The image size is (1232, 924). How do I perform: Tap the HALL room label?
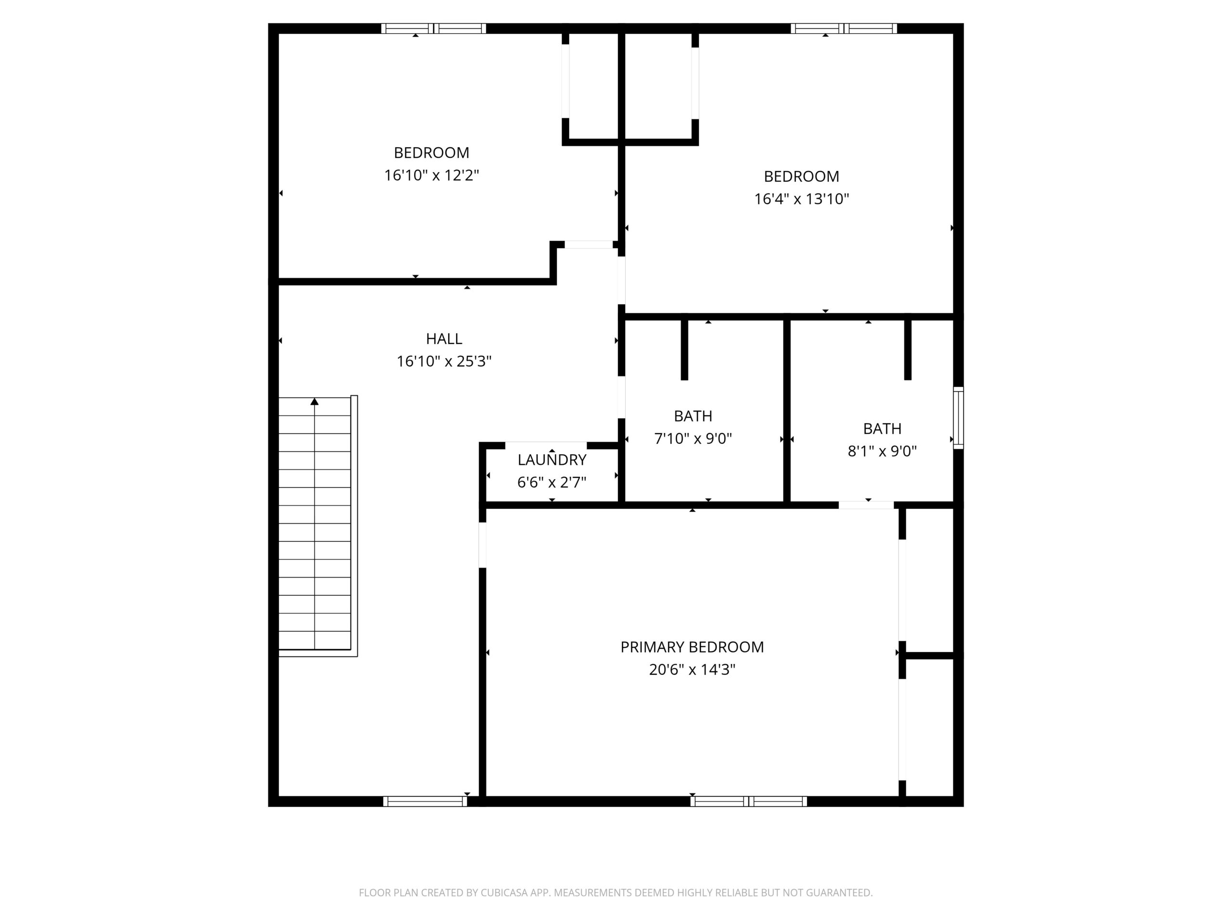(444, 339)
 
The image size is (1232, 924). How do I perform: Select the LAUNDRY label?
(552, 460)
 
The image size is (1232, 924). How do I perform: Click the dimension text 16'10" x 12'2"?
(432, 176)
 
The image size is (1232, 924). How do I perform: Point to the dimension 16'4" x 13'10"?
(801, 199)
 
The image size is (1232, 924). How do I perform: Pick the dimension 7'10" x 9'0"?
(693, 439)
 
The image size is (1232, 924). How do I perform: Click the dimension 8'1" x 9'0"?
(882, 451)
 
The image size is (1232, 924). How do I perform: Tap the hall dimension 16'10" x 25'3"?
(444, 361)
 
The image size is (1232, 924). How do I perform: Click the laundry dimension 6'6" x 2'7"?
(552, 482)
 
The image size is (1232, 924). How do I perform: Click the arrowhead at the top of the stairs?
(315, 401)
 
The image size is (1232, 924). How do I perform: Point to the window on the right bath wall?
(959, 418)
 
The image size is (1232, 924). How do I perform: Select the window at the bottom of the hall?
(425, 801)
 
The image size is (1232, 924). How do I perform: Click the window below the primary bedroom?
(748, 801)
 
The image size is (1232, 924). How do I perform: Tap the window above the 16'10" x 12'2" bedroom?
(433, 28)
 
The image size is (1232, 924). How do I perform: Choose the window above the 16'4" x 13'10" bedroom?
(844, 28)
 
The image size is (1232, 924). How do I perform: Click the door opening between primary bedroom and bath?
(866, 505)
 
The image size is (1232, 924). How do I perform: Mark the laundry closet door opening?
(546, 445)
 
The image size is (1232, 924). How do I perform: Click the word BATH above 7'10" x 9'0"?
(693, 416)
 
